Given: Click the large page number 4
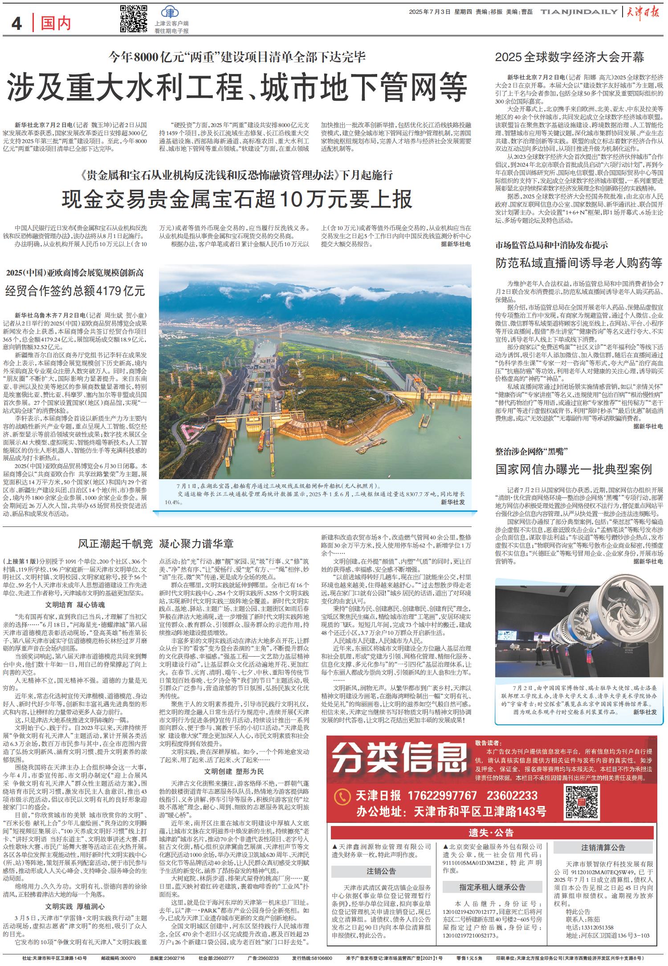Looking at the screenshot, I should coord(17,24).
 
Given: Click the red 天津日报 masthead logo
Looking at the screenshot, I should coord(646,12).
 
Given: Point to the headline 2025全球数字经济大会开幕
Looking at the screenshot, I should coord(570,57).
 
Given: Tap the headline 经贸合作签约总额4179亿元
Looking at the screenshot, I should coord(75,292).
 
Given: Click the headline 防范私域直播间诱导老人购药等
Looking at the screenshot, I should coord(579,263).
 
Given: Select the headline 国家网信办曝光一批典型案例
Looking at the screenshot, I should coord(574,469).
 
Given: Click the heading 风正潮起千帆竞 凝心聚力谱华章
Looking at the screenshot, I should coord(156,543).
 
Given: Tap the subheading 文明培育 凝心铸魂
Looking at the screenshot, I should coord(75,605).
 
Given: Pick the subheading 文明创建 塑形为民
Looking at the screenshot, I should coord(234,772).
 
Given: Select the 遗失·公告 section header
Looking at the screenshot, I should coord(491,833).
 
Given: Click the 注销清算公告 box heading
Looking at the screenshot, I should coord(603,847).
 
